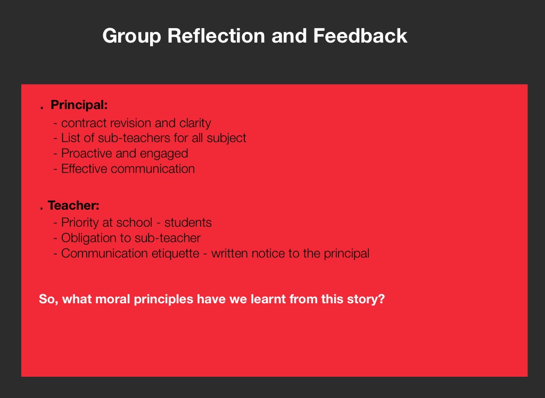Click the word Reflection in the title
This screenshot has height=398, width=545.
(x=216, y=36)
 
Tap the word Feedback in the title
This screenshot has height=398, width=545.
(x=360, y=36)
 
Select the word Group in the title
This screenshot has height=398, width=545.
(x=132, y=36)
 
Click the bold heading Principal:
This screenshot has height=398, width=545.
(x=79, y=105)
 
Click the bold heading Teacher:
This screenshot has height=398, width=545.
(x=73, y=205)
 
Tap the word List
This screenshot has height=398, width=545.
(x=71, y=138)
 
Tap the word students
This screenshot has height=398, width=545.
(x=188, y=223)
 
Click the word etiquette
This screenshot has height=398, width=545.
(x=175, y=254)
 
